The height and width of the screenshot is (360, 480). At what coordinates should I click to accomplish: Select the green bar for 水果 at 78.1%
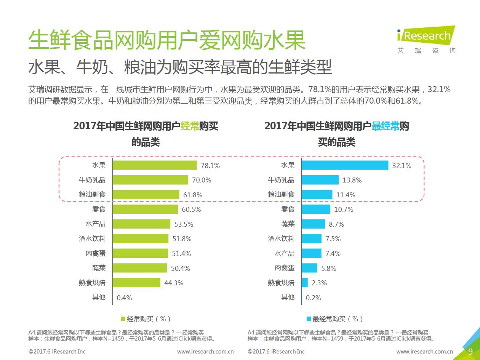tap(155, 165)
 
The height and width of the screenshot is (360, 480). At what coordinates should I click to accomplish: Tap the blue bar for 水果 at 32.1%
tap(345, 165)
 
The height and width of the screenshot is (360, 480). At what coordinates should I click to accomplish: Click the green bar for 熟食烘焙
tap(136, 283)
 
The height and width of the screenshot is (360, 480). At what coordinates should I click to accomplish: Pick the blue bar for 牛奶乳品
tap(320, 180)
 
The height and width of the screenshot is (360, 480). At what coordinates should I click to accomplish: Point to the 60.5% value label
tap(191, 210)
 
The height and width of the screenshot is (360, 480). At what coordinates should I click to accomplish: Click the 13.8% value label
tap(352, 180)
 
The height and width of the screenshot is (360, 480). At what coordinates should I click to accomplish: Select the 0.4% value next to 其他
tap(124, 298)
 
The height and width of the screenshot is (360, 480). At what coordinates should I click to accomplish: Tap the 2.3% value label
tap(319, 283)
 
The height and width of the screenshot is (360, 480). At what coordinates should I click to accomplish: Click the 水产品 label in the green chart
tap(95, 224)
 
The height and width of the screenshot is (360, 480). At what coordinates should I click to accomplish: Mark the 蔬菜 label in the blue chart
tap(288, 224)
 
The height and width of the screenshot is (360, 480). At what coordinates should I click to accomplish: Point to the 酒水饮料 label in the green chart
tap(92, 239)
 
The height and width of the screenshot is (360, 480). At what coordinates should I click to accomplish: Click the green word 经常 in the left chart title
tap(190, 126)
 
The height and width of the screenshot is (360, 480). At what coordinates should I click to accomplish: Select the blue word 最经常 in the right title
tap(386, 126)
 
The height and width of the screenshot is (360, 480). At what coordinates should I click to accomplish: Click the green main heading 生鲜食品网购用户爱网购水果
tap(167, 40)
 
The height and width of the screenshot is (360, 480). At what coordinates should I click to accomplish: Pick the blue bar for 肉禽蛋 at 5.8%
tap(309, 268)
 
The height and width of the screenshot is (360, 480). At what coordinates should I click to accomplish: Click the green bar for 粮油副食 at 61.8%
tap(146, 195)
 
